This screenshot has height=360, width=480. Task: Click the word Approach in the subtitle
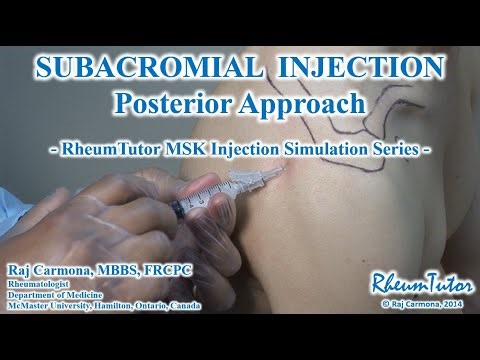[x=304, y=102]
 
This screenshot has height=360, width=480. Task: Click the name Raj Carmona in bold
[x=51, y=270]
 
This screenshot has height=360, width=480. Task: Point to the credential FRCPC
[x=168, y=270]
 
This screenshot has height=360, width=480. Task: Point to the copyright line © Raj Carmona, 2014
[x=415, y=299]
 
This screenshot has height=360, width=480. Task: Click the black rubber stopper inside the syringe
[x=179, y=208]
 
